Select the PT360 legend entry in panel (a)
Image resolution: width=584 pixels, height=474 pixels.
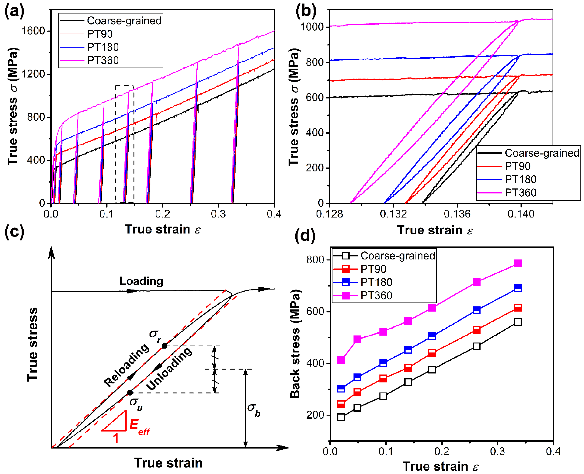[103, 60]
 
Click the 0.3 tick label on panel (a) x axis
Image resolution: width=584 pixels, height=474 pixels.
[218, 214]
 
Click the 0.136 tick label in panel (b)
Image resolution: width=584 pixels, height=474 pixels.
[457, 214]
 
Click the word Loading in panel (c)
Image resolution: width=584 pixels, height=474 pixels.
[141, 281]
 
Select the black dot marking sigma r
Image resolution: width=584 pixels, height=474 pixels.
[164, 346]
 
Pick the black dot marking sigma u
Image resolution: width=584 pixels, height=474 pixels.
[130, 393]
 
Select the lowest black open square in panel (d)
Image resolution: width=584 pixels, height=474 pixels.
[341, 417]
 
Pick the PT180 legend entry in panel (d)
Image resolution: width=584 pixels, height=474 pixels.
[376, 282]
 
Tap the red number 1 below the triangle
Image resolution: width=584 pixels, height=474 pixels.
[116, 438]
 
